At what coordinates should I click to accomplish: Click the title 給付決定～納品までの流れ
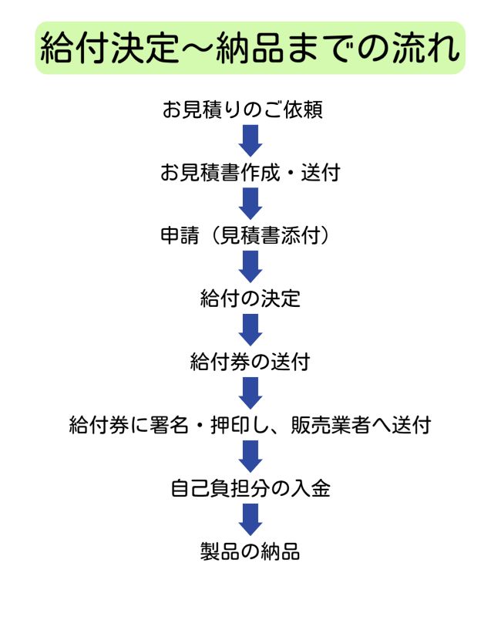click(x=250, y=49)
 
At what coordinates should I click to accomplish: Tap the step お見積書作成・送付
click(x=250, y=173)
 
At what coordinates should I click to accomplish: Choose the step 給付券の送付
click(x=250, y=361)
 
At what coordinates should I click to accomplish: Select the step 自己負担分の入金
click(x=250, y=488)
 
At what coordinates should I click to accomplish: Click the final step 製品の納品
click(x=250, y=551)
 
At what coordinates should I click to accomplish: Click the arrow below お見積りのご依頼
click(x=250, y=140)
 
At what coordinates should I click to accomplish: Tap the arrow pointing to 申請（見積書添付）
click(x=250, y=204)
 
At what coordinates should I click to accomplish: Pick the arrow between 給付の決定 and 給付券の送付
click(x=250, y=329)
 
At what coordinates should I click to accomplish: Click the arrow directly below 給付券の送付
click(x=250, y=393)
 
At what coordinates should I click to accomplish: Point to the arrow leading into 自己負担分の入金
click(x=250, y=457)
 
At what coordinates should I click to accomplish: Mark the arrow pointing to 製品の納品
click(x=250, y=519)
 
